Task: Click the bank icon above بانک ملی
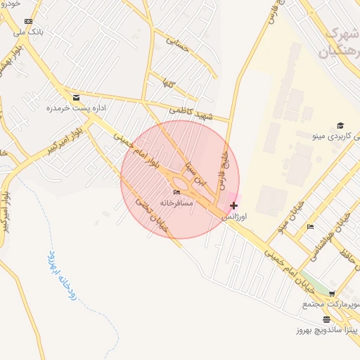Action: click(x=28, y=22)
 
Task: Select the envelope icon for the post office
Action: click(x=76, y=98)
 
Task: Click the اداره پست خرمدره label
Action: click(x=70, y=108)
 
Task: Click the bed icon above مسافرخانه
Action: click(x=176, y=192)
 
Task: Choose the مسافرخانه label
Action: click(x=176, y=202)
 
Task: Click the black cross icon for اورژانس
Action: click(x=233, y=205)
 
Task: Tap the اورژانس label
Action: click(x=234, y=217)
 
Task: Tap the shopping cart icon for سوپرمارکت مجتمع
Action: click(x=332, y=294)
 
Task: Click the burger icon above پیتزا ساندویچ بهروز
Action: click(x=326, y=319)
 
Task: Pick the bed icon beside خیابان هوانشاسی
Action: click(x=311, y=226)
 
